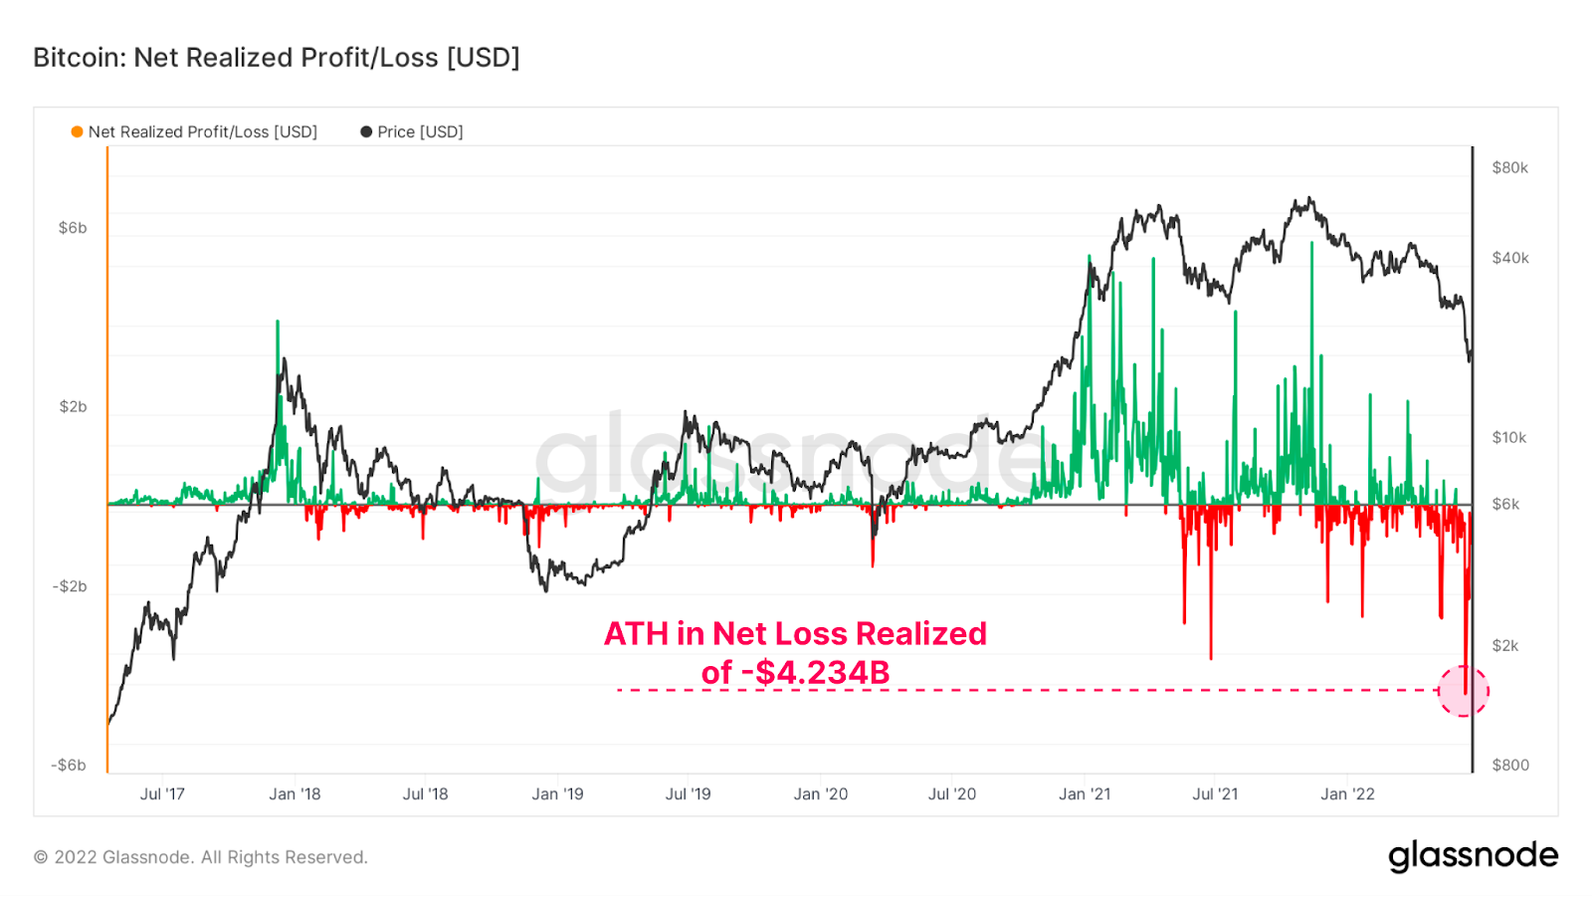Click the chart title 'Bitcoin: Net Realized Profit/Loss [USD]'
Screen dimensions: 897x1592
[277, 58]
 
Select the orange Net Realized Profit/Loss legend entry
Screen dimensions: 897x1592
[194, 131]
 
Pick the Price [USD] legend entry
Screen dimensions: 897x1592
[412, 131]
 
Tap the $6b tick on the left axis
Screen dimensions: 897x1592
[73, 228]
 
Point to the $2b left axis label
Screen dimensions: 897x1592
[73, 407]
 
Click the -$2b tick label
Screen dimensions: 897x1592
[70, 586]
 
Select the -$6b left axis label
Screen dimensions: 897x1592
[70, 766]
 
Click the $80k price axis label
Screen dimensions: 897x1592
[1509, 168]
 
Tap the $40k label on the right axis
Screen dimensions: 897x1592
[1509, 258]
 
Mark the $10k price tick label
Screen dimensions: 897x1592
[1508, 438]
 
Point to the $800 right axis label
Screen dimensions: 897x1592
[1510, 766]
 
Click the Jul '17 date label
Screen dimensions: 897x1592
[162, 794]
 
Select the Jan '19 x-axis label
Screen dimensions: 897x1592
[557, 794]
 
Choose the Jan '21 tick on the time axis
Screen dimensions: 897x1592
[1085, 794]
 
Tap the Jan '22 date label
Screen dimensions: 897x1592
[1347, 794]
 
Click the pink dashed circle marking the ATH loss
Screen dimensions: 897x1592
[1464, 691]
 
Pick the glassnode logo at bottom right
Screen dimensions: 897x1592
[1473, 856]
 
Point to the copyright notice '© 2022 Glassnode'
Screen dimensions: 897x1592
[201, 857]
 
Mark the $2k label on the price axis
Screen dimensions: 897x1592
[1505, 646]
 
